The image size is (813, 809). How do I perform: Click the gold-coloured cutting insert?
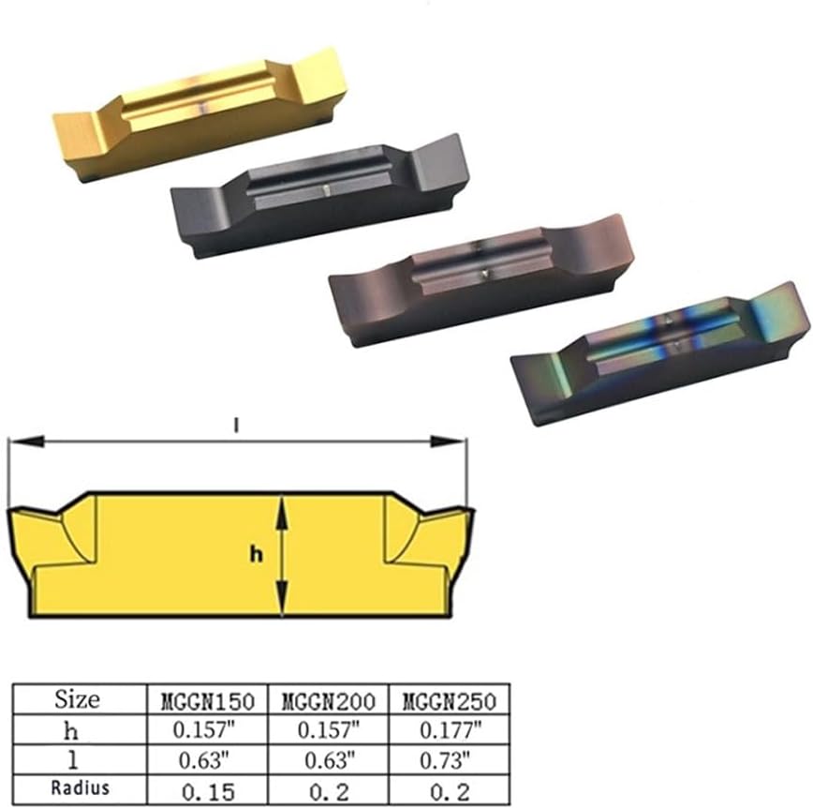[200, 114]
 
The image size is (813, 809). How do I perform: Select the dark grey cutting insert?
[320, 196]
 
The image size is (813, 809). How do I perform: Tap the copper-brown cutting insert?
[481, 280]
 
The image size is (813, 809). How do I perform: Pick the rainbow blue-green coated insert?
[660, 354]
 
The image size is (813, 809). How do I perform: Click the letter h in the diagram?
[256, 555]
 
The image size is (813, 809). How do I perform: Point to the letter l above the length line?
[236, 426]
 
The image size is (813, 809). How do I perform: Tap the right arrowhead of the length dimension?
[449, 442]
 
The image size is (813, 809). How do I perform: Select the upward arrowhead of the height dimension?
[281, 514]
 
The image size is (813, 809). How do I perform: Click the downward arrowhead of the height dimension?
[281, 598]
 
